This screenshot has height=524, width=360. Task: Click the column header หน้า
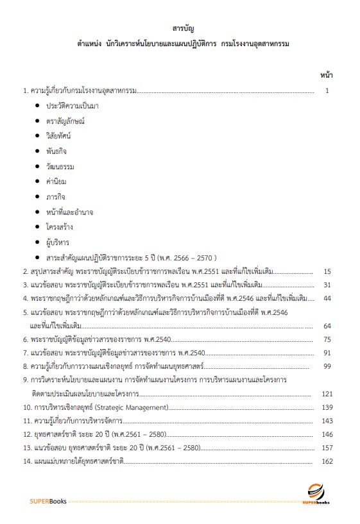(325, 75)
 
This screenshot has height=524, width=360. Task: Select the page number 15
(327, 271)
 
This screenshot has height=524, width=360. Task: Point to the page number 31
(327, 285)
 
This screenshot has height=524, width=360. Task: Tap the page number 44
(327, 298)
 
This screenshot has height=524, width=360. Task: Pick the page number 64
(327, 325)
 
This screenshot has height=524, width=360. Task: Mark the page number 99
(327, 366)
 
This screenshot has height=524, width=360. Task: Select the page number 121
(326, 393)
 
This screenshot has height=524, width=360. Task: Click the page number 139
(326, 407)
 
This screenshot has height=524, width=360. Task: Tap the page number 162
(326, 461)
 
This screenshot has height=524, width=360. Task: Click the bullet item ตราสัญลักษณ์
(65, 121)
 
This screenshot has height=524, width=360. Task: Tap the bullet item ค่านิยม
(56, 182)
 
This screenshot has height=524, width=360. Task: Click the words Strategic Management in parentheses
(137, 407)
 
